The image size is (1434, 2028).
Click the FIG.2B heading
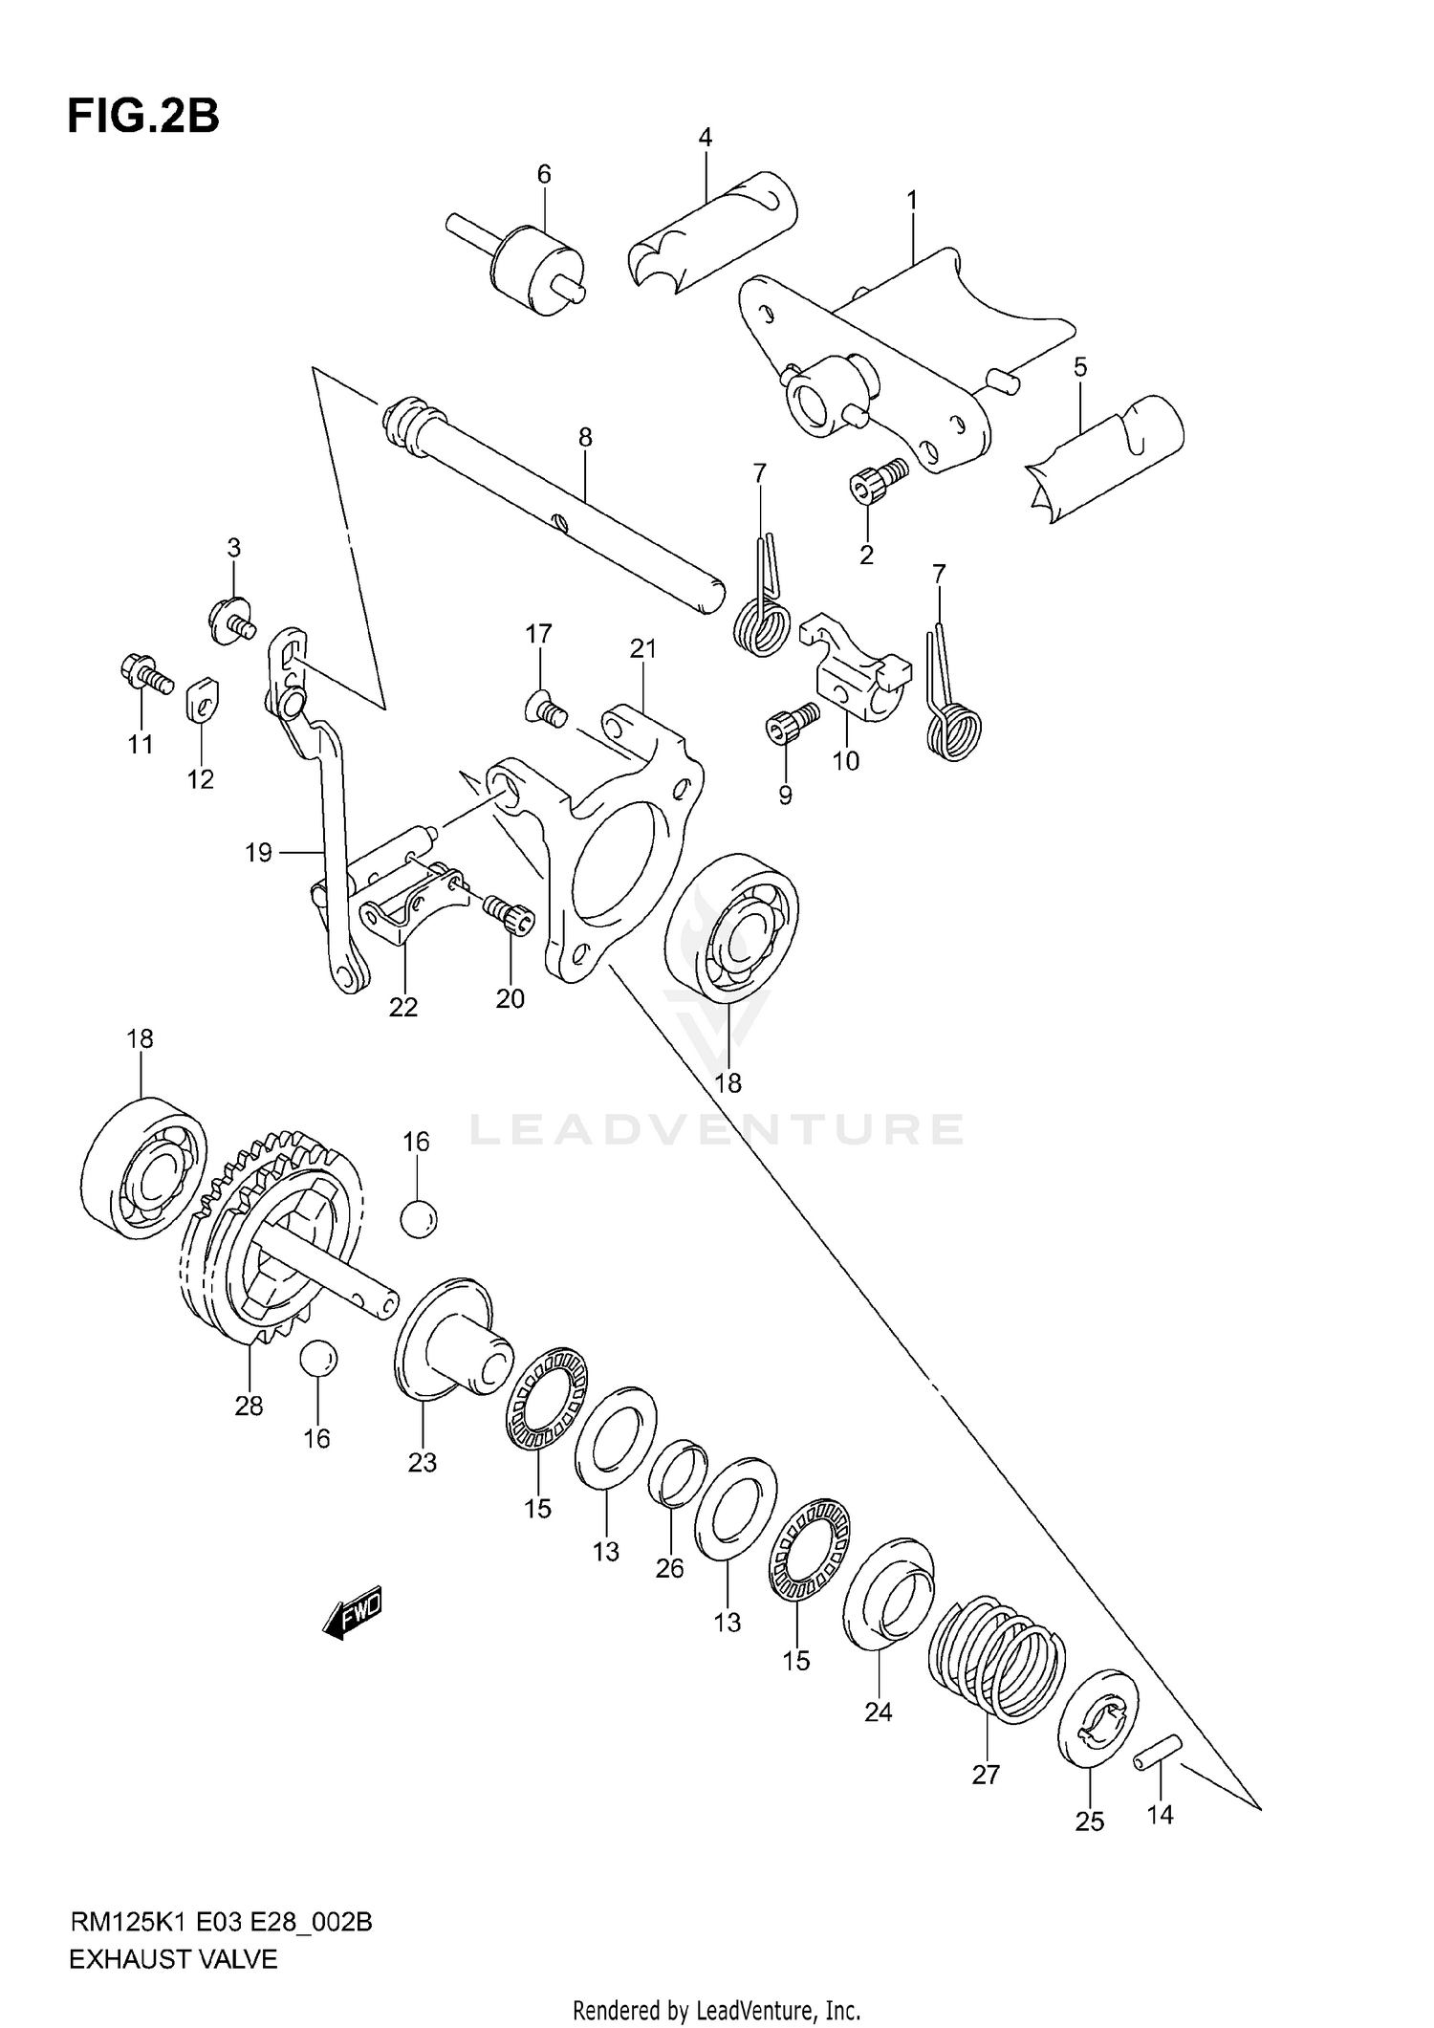click(143, 117)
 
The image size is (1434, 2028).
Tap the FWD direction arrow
click(354, 1615)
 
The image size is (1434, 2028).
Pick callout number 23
click(422, 1462)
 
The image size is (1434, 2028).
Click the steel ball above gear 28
click(418, 1219)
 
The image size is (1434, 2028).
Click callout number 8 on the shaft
click(585, 437)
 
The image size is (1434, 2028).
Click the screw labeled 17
click(546, 710)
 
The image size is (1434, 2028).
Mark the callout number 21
click(643, 649)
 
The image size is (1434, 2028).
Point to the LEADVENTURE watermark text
click(716, 1129)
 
